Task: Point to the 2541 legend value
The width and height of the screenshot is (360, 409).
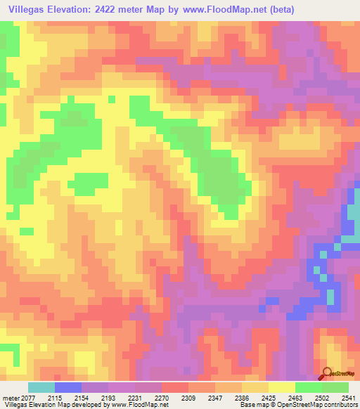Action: coord(349,398)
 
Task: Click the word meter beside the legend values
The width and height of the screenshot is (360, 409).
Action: coord(11,398)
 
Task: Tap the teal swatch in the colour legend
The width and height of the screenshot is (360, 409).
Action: coord(41,387)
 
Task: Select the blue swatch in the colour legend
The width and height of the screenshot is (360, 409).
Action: coord(68,387)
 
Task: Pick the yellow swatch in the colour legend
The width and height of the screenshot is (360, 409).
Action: coord(282,387)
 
